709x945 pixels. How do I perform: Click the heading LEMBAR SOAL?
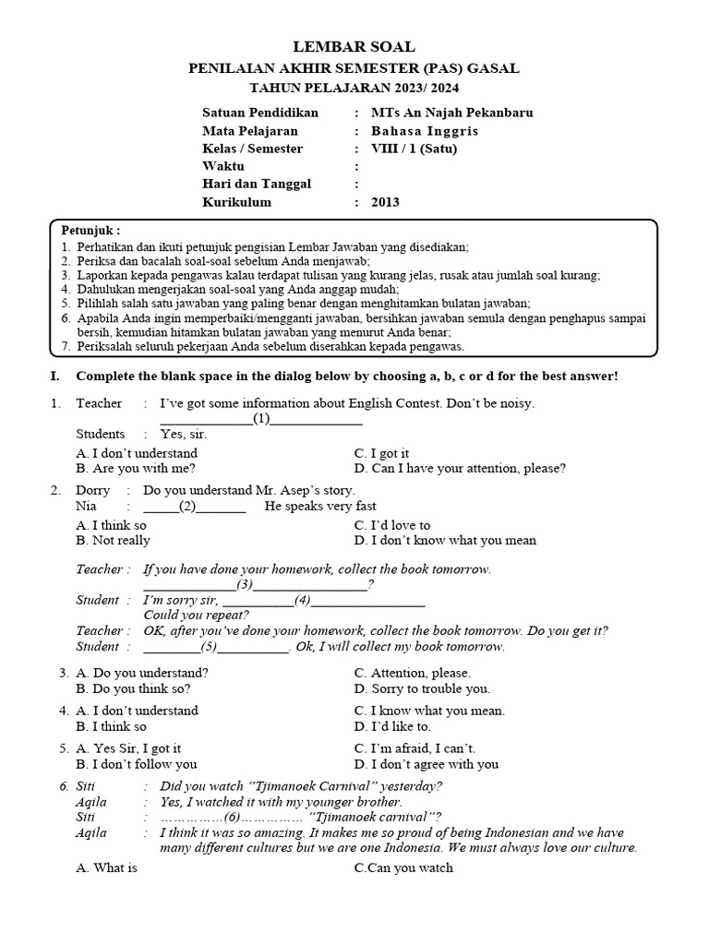pos(354,47)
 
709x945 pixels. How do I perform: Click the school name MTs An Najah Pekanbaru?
pos(452,113)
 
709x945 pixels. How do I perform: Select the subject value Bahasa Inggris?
pos(425,131)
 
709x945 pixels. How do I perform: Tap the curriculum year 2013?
pos(386,202)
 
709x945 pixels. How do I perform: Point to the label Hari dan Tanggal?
pos(257,184)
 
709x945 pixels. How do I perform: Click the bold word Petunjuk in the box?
pos(90,230)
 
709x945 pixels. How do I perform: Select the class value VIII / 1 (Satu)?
pos(414,149)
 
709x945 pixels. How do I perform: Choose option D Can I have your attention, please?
pos(460,468)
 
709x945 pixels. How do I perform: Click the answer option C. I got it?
pos(381,453)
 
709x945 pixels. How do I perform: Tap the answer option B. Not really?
pos(113,540)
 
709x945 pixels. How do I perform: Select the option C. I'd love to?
pos(392,525)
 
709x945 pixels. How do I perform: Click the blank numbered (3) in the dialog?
pos(245,584)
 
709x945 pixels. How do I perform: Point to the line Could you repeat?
pos(197,615)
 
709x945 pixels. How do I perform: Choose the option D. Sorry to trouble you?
pos(422,688)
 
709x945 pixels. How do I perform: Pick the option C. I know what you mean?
pos(429,711)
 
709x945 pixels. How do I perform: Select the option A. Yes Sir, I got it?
pos(128,748)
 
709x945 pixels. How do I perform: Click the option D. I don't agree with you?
pos(426,763)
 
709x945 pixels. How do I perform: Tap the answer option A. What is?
pos(106,867)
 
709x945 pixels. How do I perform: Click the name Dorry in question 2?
pos(92,490)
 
